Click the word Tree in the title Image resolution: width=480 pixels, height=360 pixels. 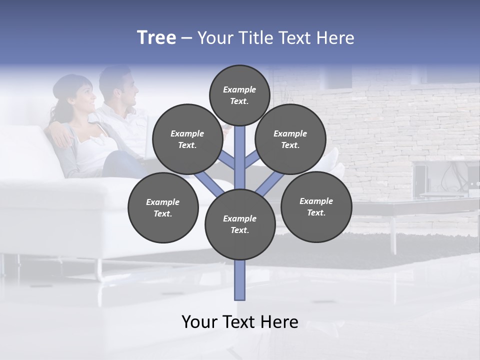[156, 38]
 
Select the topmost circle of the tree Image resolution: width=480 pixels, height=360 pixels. [239, 95]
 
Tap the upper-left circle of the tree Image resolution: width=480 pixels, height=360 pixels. [187, 139]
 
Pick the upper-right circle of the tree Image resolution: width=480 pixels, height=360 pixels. [290, 139]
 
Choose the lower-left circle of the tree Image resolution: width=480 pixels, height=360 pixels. [163, 207]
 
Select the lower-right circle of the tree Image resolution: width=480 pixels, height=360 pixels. [316, 206]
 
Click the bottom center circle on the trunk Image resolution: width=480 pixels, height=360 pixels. [240, 224]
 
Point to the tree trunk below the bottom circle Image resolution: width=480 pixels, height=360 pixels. [240, 280]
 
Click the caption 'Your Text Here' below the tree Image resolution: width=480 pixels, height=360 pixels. [239, 321]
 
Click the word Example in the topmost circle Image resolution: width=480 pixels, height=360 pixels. [239, 89]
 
